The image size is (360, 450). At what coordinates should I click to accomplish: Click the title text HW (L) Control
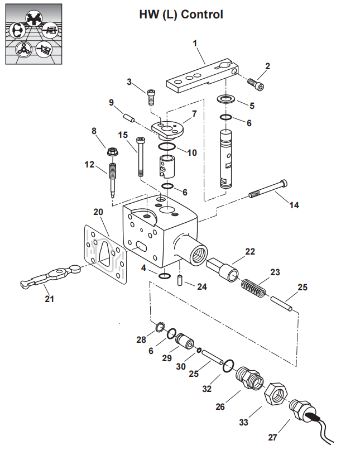click(181, 15)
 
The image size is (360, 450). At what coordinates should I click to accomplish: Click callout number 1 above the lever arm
click(195, 43)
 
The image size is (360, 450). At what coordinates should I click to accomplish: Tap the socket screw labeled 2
click(256, 84)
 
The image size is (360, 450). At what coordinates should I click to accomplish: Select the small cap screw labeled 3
click(151, 96)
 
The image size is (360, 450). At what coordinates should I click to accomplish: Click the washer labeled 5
click(226, 100)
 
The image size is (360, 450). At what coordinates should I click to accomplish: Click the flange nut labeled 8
click(111, 151)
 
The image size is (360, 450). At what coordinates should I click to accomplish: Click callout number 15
click(123, 135)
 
